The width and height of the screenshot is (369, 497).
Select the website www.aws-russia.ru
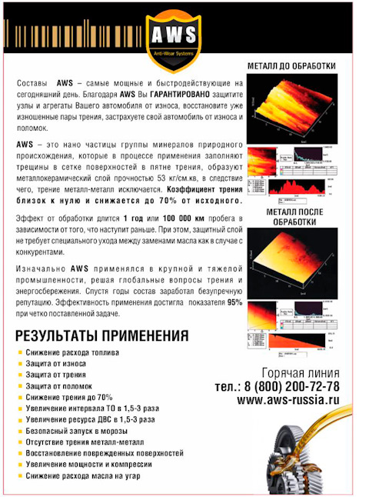(x=288, y=400)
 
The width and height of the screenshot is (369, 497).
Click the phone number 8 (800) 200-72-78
(x=297, y=387)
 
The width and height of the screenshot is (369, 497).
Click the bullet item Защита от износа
(x=55, y=363)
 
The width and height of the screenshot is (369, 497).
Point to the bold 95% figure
(x=234, y=302)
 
